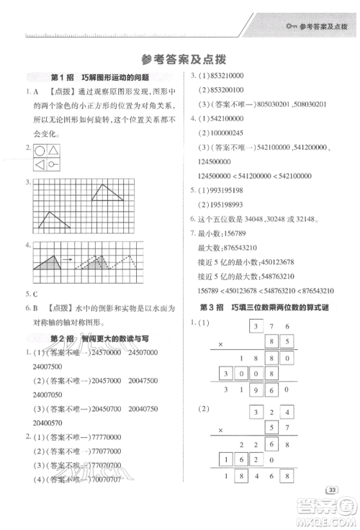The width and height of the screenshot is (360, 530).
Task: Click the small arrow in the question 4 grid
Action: (65, 258)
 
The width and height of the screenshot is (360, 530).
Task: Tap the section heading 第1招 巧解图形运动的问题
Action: (100, 77)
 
